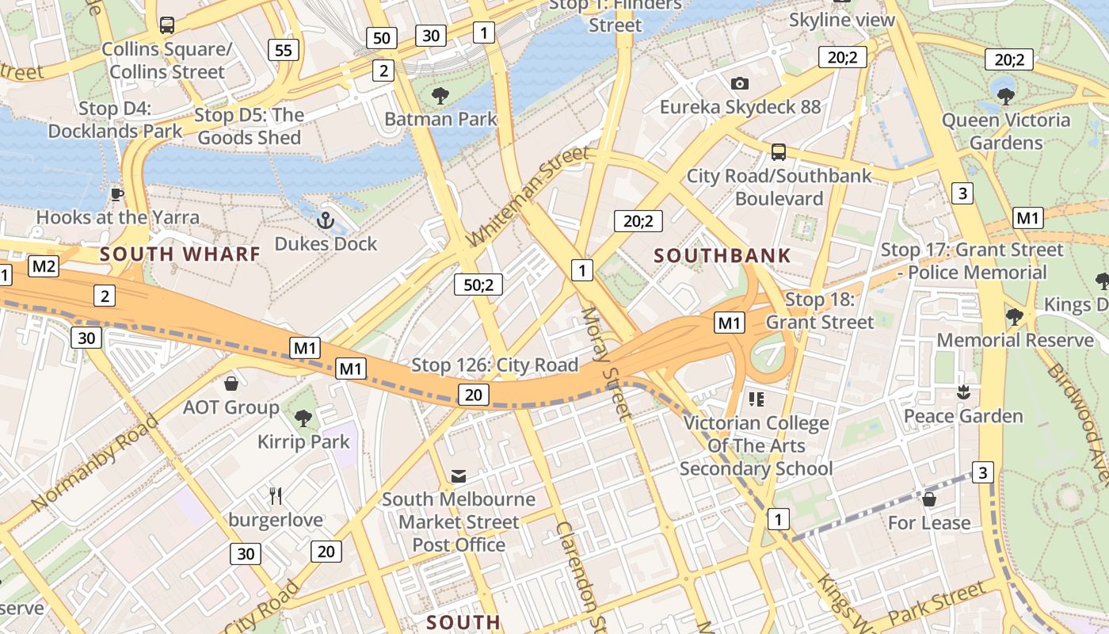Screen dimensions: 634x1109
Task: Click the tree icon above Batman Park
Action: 440,97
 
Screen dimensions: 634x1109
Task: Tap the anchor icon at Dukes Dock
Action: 325,220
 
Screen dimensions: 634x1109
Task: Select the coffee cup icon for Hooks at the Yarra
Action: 117,194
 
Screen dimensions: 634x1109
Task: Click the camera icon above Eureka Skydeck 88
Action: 740,83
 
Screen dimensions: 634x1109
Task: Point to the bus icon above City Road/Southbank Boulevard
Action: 779,152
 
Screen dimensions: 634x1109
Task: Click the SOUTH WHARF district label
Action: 180,254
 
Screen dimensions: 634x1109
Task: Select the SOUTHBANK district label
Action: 722,255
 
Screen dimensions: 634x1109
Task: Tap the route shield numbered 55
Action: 283,51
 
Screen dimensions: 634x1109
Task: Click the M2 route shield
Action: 44,266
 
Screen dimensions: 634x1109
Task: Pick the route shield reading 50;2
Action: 478,285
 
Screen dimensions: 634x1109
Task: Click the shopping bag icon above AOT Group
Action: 231,384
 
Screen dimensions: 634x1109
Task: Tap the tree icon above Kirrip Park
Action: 303,418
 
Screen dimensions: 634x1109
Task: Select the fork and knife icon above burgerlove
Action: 276,497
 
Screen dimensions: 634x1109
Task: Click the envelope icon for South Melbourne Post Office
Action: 459,475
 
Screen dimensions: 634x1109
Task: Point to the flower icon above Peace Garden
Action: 963,391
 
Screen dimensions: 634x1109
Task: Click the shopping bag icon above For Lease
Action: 929,499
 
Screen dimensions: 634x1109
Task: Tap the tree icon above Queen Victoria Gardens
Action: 1006,97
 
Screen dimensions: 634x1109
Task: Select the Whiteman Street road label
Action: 528,195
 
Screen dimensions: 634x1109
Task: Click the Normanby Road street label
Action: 96,462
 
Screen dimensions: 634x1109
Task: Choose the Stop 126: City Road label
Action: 494,365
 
